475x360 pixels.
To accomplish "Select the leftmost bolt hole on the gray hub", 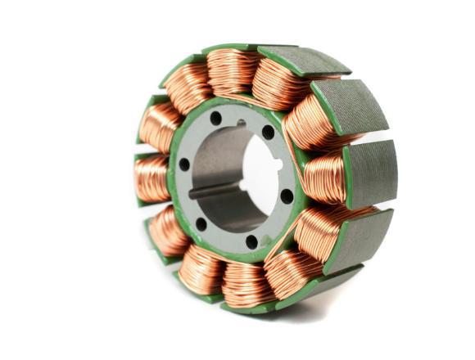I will pyautogui.click(x=184, y=164).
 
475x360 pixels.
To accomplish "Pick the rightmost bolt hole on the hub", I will pyautogui.click(x=287, y=196).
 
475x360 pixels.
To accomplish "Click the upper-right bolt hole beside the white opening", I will pyautogui.click(x=268, y=131).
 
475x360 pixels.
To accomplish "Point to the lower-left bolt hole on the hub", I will pyautogui.click(x=201, y=222).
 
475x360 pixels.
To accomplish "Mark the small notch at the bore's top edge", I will pyautogui.click(x=241, y=124).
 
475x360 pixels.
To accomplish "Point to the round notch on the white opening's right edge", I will pyautogui.click(x=279, y=165).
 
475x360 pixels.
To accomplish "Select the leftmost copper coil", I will pyautogui.click(x=152, y=177).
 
